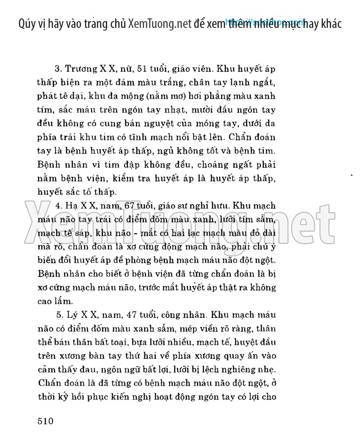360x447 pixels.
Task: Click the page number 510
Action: tap(44, 421)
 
